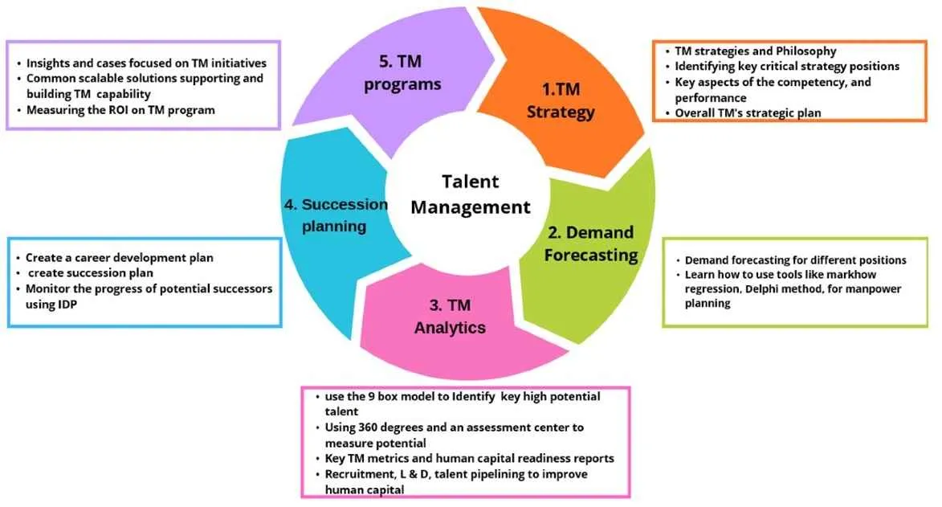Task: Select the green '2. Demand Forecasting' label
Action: [592, 243]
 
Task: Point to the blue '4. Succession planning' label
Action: [335, 215]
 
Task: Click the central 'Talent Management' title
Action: [471, 194]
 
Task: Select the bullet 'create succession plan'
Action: [88, 273]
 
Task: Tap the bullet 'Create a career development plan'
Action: [119, 258]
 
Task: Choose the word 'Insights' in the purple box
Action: [48, 63]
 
